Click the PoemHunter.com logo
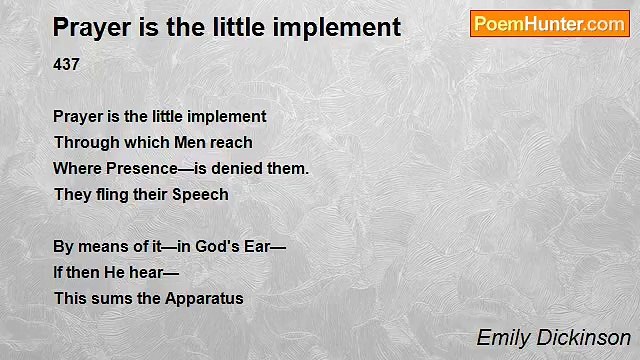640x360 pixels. pos(549,24)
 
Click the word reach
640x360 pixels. pos(233,143)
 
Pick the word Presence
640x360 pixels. pos(135,169)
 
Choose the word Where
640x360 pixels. pos(76,169)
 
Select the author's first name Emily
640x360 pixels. pos(502,338)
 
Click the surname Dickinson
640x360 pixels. pos(583,338)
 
